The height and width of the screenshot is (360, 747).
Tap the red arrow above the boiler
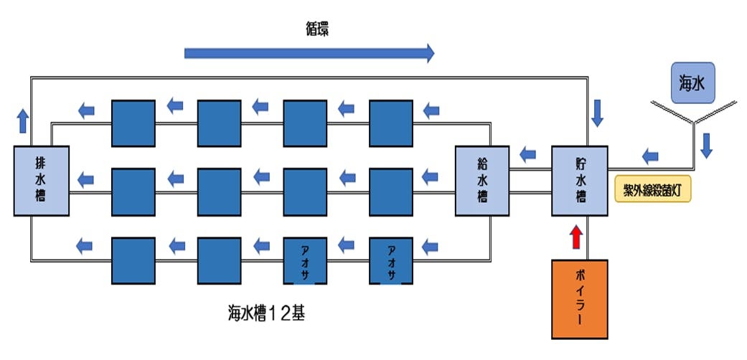pos(575,237)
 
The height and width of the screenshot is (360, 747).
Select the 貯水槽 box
pos(579,181)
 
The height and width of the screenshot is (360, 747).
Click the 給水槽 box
pos(483,181)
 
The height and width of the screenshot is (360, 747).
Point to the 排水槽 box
pos(41,181)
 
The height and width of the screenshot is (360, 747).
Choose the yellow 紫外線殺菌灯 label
pos(653,190)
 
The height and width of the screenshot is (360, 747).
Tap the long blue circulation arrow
pos(309,52)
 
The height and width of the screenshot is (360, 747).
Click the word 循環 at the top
pos(316,29)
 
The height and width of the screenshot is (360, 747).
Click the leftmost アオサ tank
pos(305,260)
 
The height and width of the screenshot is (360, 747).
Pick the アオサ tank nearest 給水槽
pos(391,260)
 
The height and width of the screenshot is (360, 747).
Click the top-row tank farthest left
pos(133,122)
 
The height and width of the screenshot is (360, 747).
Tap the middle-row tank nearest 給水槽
pos(391,191)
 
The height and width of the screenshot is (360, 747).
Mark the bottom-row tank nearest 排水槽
pos(133,260)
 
